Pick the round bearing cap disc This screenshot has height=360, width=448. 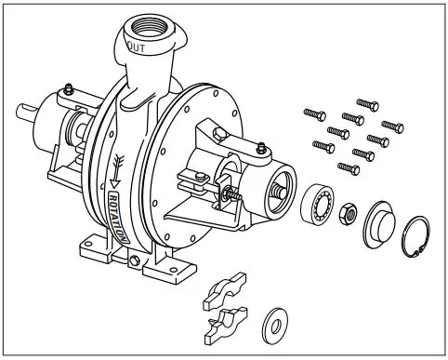(x=379, y=222)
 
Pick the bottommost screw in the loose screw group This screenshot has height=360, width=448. (x=349, y=167)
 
